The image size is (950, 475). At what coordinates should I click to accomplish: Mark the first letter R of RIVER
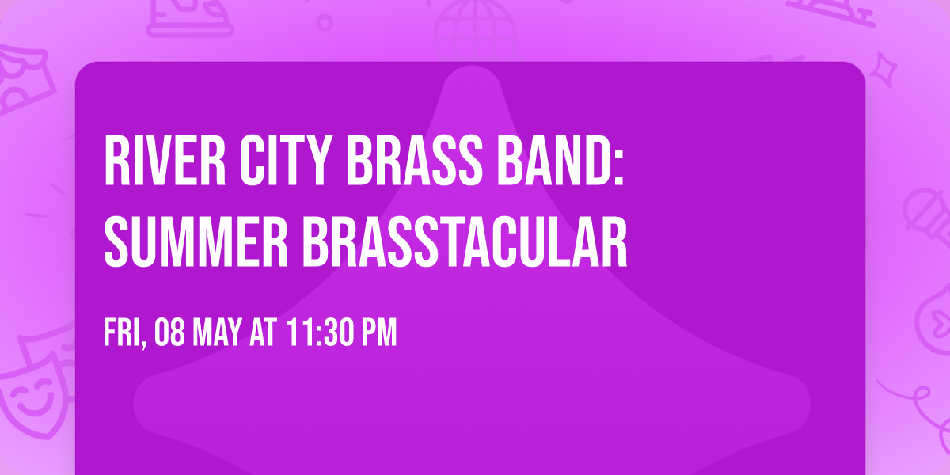(x=115, y=160)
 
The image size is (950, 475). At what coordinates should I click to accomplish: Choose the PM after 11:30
(x=378, y=333)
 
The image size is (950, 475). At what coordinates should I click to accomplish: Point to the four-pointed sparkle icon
(x=887, y=67)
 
